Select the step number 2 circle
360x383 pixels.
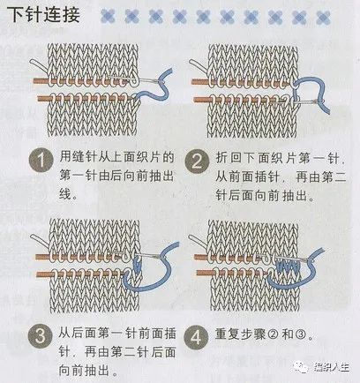(200, 161)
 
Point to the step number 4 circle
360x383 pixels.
(200, 336)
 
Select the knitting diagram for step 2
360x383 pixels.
(256, 88)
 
